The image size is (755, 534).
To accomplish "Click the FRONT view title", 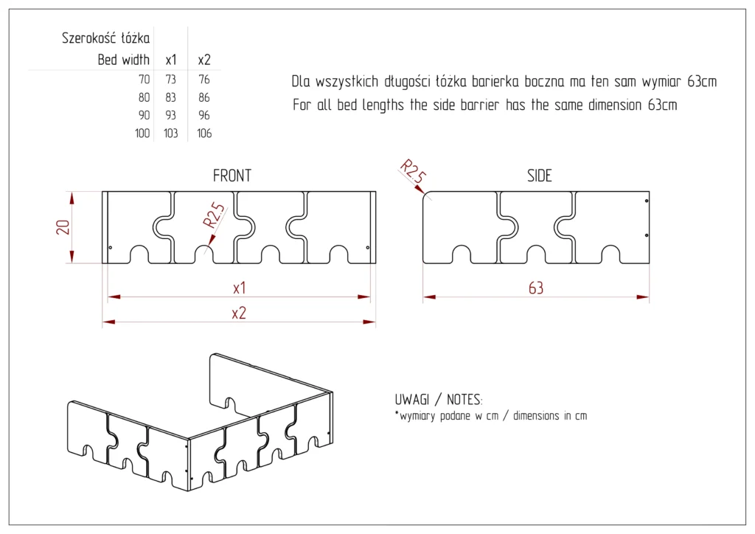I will click(x=232, y=176).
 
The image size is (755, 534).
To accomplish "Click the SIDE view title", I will click(x=539, y=176).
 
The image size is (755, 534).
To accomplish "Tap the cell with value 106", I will click(x=204, y=133).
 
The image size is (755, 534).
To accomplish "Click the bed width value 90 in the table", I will click(x=143, y=116).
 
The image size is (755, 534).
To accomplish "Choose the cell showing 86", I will click(x=204, y=97).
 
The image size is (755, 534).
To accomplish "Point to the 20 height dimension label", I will click(x=63, y=226).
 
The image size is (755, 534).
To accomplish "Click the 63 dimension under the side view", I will click(x=535, y=288).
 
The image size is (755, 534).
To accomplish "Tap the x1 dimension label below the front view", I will click(x=239, y=287).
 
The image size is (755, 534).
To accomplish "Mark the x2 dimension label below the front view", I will click(x=238, y=313).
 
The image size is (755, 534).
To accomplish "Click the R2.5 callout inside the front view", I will click(x=215, y=213).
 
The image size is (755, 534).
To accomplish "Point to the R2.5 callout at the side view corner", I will click(x=413, y=170).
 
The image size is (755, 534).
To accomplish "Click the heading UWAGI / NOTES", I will click(x=439, y=400).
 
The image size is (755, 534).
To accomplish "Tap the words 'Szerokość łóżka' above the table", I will click(x=106, y=38).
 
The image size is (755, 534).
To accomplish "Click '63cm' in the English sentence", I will click(x=661, y=105).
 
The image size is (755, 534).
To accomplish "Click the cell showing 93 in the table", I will click(x=170, y=116).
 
